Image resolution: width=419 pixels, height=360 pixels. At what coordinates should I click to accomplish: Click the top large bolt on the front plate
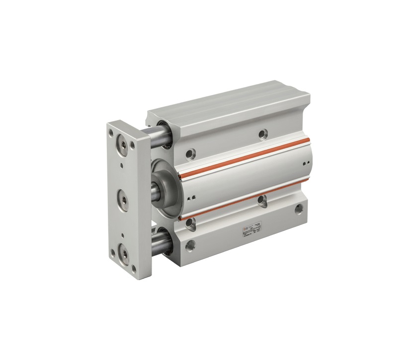pos(121,145)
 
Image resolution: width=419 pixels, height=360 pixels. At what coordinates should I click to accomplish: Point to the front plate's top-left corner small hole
pos(111,133)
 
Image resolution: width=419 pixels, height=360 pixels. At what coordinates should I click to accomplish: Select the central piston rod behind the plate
pos(155,190)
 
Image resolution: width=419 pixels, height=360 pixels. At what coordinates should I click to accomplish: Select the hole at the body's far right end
pos(299,209)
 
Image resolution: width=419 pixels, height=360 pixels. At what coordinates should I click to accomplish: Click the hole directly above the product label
pos(261,200)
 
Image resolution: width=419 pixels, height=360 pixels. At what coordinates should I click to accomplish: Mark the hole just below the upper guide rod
pos(190,154)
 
